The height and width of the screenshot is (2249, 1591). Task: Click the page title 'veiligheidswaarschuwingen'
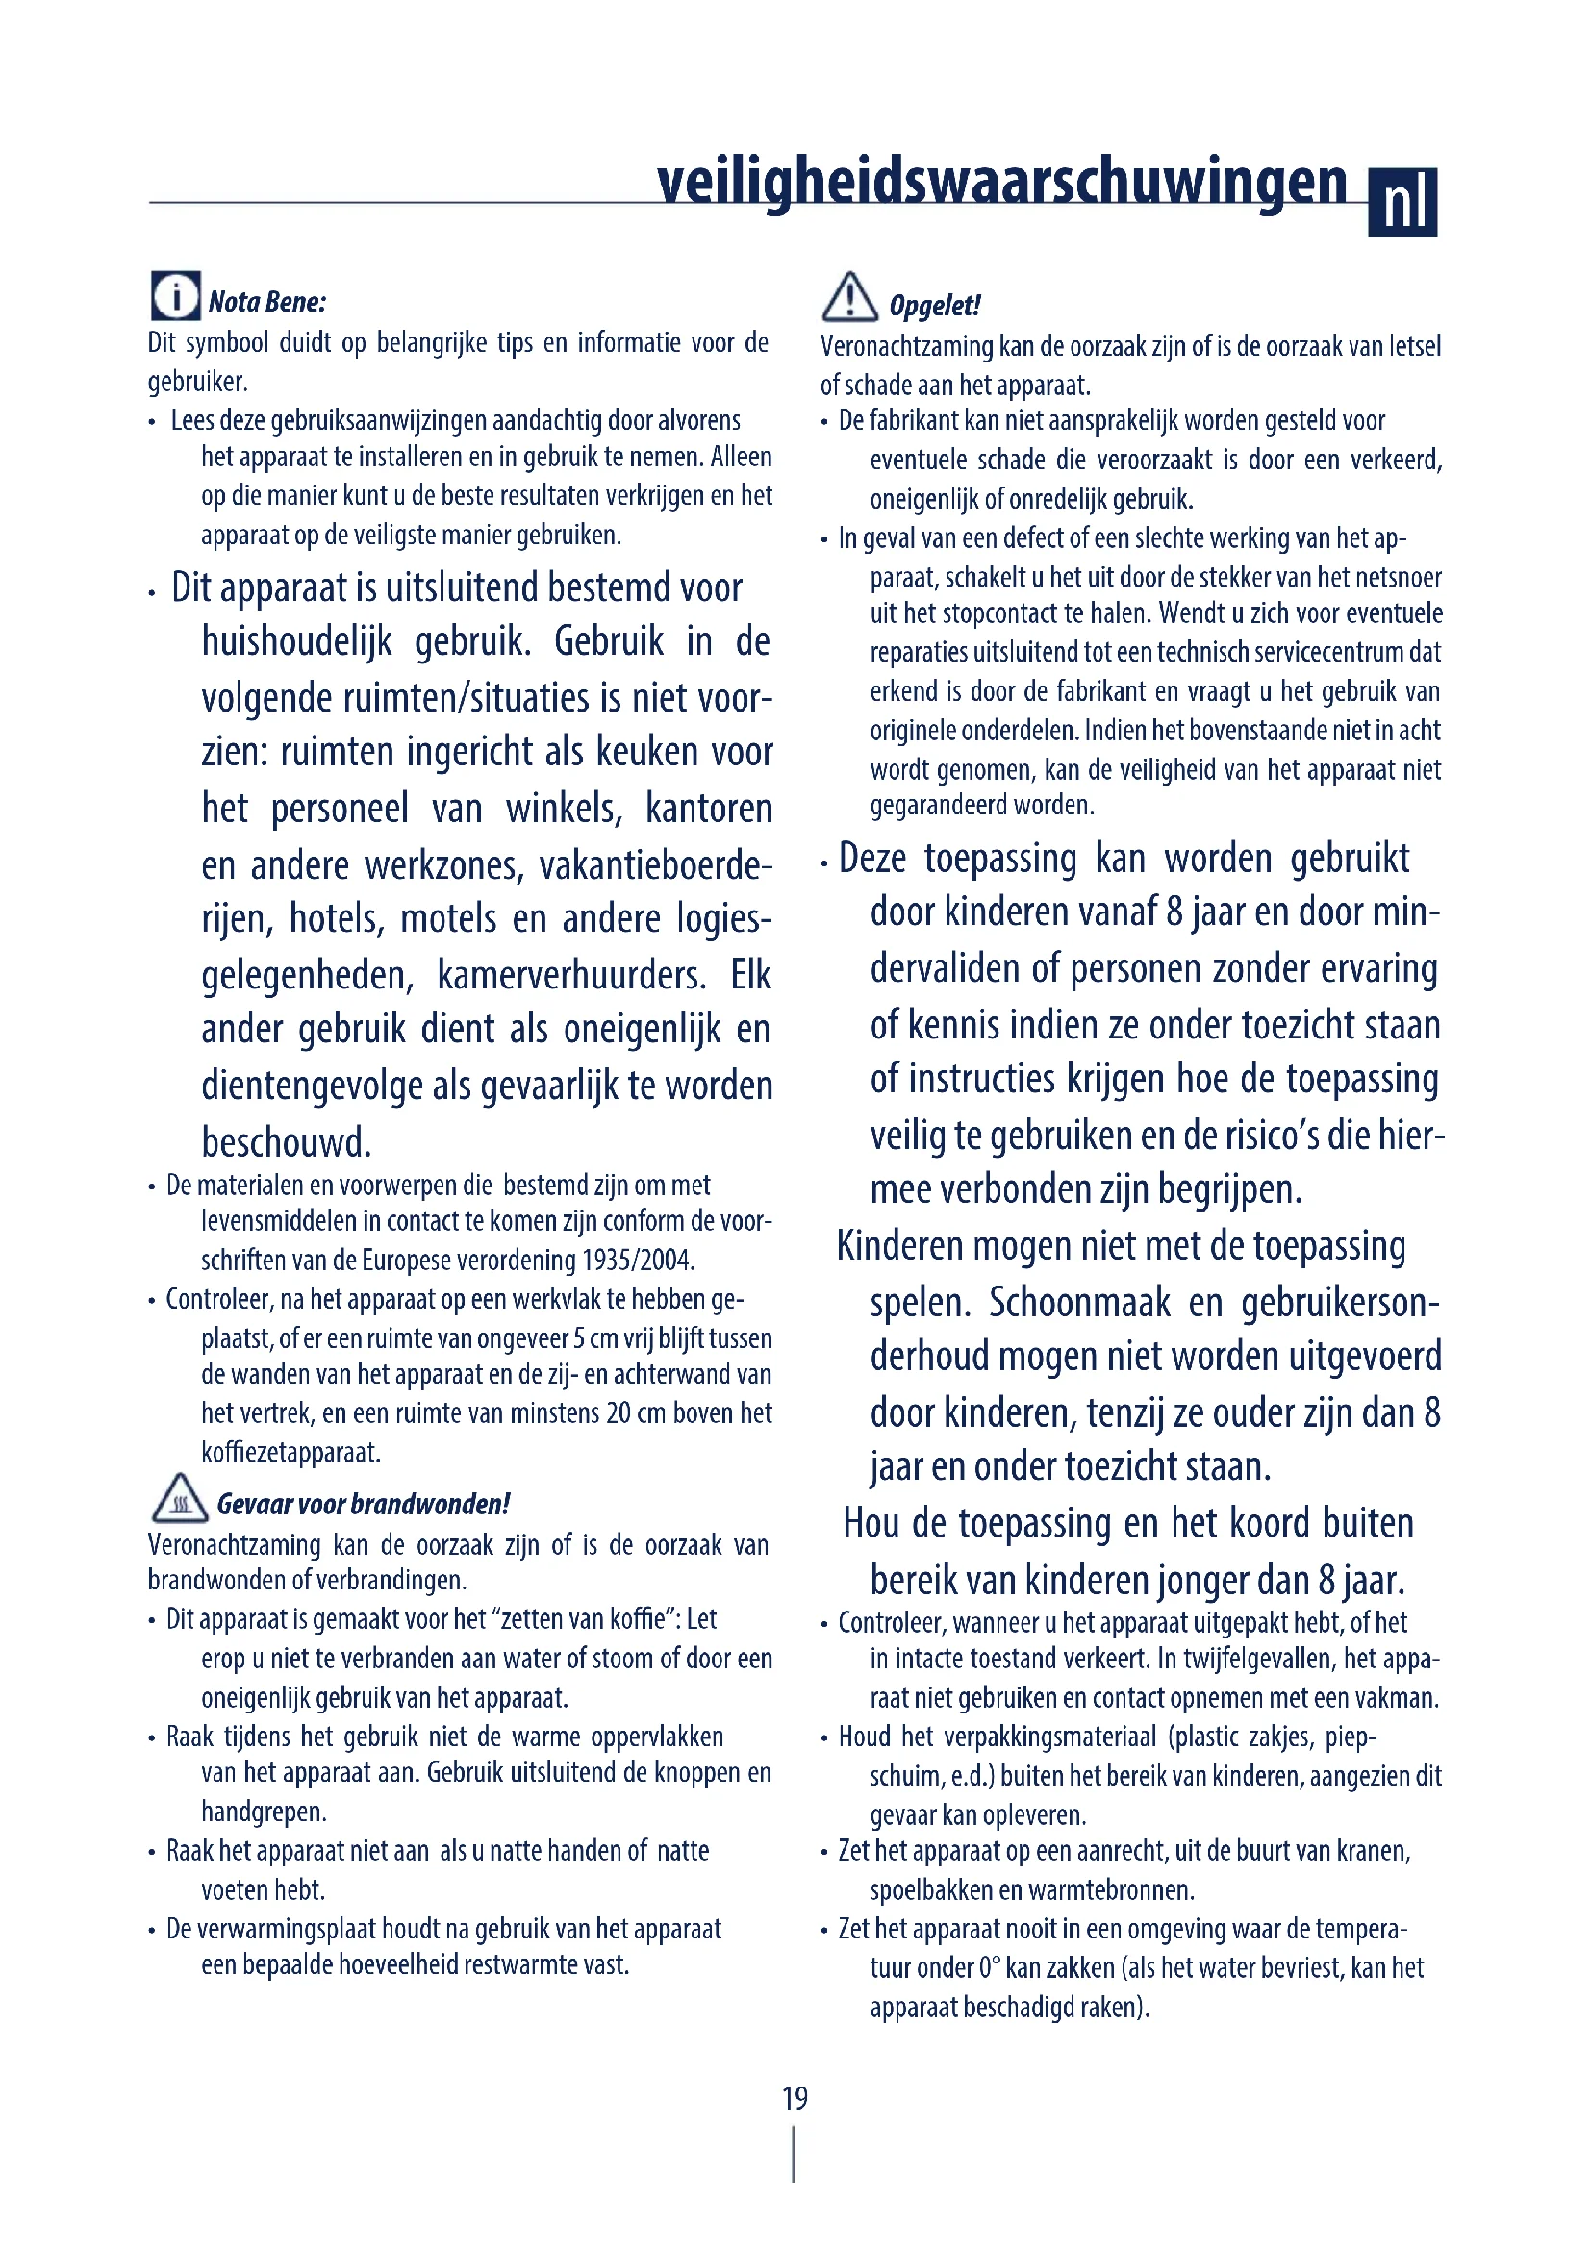1001,182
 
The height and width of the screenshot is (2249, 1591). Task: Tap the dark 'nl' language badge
1402,203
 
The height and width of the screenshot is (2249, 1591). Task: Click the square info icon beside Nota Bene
175,296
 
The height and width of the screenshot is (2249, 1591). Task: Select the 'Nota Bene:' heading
267,302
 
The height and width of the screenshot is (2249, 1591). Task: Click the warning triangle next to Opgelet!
849,298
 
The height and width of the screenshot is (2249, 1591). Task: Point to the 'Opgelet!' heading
935,306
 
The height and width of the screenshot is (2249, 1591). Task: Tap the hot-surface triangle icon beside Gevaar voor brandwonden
180,1500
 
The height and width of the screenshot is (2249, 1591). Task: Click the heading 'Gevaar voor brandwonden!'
364,1504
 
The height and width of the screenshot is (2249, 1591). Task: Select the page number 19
795,2098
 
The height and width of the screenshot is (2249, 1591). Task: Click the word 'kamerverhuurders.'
571,976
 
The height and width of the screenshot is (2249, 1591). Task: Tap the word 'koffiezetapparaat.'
290,1452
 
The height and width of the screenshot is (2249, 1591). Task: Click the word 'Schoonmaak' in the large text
1079,1303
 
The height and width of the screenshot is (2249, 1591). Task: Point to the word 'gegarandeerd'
938,805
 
